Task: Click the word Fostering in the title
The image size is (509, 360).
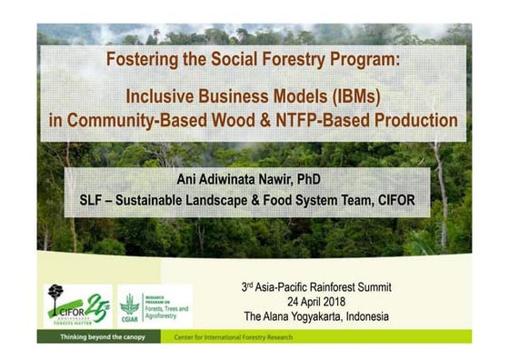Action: coord(142,61)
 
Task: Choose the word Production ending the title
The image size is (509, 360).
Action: coord(416,119)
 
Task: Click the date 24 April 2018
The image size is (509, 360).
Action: coord(316,301)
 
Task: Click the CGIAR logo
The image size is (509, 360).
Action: coord(131,305)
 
